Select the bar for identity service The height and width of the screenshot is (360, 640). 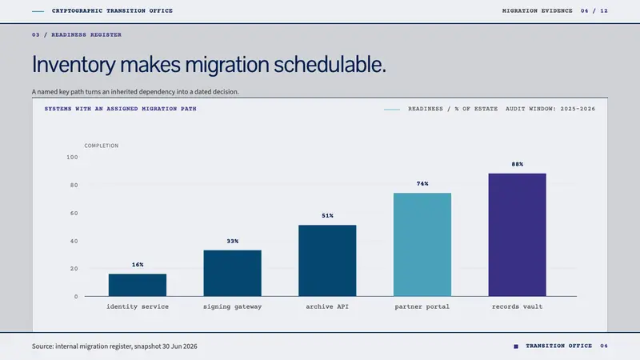[138, 285]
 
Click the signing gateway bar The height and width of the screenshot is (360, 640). [232, 273]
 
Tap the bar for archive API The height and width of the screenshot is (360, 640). [327, 261]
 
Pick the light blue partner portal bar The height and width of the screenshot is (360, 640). [422, 245]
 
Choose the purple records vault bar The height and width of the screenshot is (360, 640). [517, 234]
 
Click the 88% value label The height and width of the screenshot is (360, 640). [517, 164]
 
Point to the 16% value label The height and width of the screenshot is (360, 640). [138, 265]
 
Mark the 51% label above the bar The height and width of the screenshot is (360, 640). [327, 215]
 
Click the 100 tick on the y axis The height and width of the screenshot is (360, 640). [72, 157]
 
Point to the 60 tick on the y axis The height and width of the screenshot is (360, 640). [74, 213]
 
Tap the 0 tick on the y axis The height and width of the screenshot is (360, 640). [76, 297]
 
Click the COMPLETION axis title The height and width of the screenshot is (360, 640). [102, 146]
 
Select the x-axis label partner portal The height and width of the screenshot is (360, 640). [422, 306]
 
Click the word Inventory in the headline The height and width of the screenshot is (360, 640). [74, 65]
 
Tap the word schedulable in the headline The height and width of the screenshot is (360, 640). [330, 65]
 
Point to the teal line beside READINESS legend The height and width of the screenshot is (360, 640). [392, 110]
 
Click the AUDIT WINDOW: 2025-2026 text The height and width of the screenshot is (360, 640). [550, 109]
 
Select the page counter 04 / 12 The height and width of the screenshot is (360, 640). [594, 11]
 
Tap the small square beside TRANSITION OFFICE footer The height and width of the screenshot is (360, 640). [516, 346]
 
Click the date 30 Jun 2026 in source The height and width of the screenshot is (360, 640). [179, 346]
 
